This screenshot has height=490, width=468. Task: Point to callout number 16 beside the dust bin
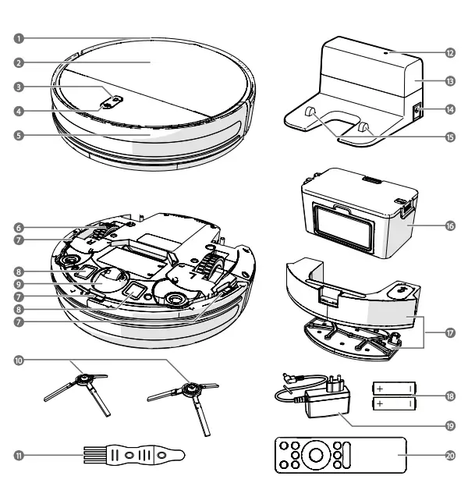tap(451, 224)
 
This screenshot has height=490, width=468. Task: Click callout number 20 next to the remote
tap(451, 454)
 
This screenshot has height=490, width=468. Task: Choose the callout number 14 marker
tap(451, 110)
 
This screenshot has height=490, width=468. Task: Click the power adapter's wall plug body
tap(321, 402)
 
